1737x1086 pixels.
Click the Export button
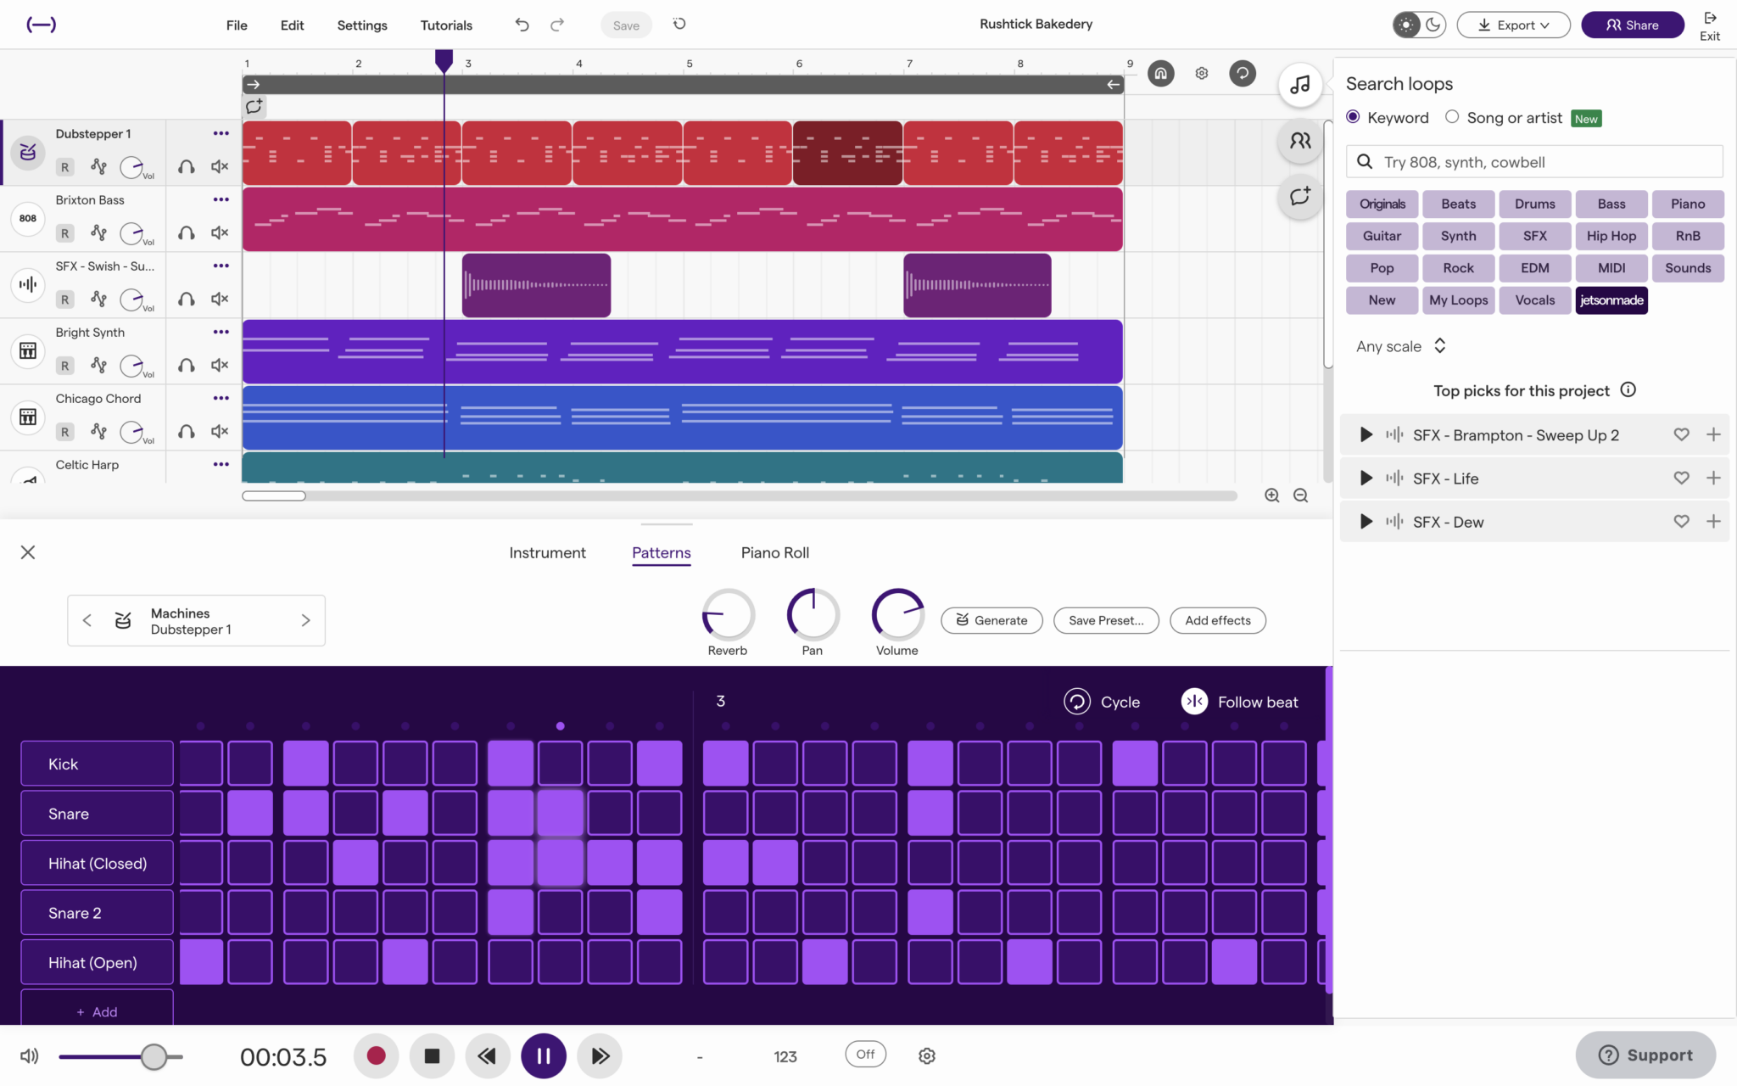pyautogui.click(x=1513, y=25)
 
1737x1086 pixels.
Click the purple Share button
pyautogui.click(x=1632, y=25)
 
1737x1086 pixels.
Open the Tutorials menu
pyautogui.click(x=446, y=25)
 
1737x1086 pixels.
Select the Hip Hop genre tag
pyautogui.click(x=1611, y=236)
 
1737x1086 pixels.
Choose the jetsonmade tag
pyautogui.click(x=1611, y=300)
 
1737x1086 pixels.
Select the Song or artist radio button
pyautogui.click(x=1452, y=117)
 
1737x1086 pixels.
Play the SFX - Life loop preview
pyautogui.click(x=1366, y=479)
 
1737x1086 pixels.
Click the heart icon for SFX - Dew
pyautogui.click(x=1681, y=522)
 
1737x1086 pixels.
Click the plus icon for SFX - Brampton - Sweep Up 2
pyautogui.click(x=1713, y=435)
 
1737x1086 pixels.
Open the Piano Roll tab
pyautogui.click(x=774, y=552)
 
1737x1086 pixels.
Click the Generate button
pyautogui.click(x=991, y=620)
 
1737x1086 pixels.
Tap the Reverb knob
pyautogui.click(x=728, y=614)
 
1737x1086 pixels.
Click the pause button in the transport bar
pyautogui.click(x=543, y=1055)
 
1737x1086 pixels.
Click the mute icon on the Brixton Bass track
pyautogui.click(x=220, y=232)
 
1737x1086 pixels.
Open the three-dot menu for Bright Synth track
pyautogui.click(x=221, y=332)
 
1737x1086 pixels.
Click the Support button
pyautogui.click(x=1645, y=1055)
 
